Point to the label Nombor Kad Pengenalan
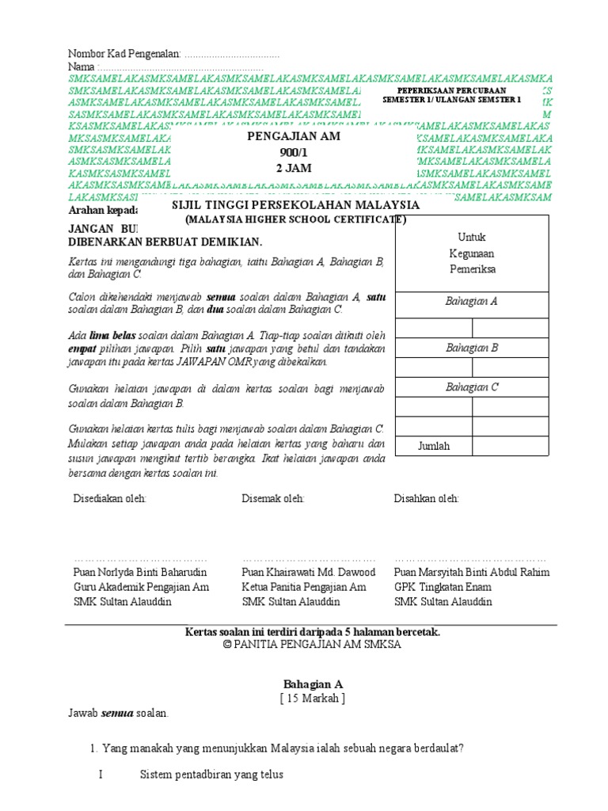click(x=125, y=54)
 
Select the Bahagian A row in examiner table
click(x=471, y=302)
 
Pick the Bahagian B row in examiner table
click(x=471, y=347)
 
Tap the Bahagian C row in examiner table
click(x=471, y=386)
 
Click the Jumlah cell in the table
click(x=434, y=446)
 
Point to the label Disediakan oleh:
click(x=109, y=498)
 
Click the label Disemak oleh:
click(x=273, y=498)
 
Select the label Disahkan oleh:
click(x=426, y=498)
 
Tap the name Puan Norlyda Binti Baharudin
click(x=140, y=572)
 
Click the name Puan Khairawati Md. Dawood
click(x=308, y=572)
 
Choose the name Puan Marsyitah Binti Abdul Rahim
click(x=471, y=572)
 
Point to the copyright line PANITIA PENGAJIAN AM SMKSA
click(x=312, y=645)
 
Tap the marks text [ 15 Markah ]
click(x=313, y=698)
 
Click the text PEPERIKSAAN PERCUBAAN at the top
click(x=451, y=91)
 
